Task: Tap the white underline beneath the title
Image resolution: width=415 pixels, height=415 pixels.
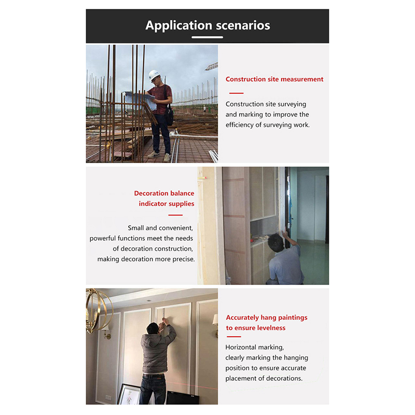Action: tap(208, 37)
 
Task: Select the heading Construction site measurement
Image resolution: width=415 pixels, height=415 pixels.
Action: tap(274, 79)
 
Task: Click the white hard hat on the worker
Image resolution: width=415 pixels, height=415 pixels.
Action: tap(154, 75)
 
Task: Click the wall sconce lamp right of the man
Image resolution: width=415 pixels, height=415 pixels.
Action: tap(214, 320)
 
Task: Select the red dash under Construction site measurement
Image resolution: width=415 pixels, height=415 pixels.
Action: tap(236, 93)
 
